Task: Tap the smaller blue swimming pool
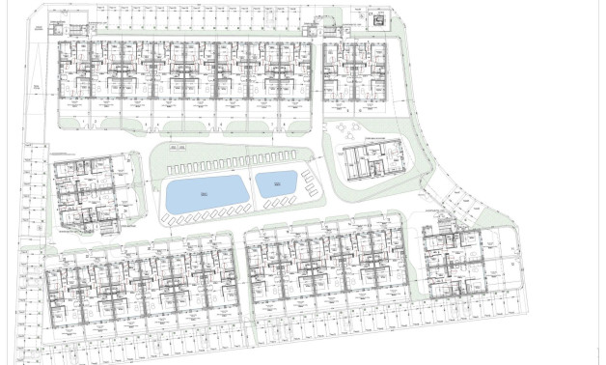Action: pyautogui.click(x=275, y=183)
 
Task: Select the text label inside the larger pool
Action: pyautogui.click(x=205, y=194)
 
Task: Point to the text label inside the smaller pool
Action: pyautogui.click(x=275, y=182)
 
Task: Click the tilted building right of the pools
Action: pyautogui.click(x=371, y=158)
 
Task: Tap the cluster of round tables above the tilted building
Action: pyautogui.click(x=345, y=129)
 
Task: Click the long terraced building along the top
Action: pyautogui.click(x=182, y=71)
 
